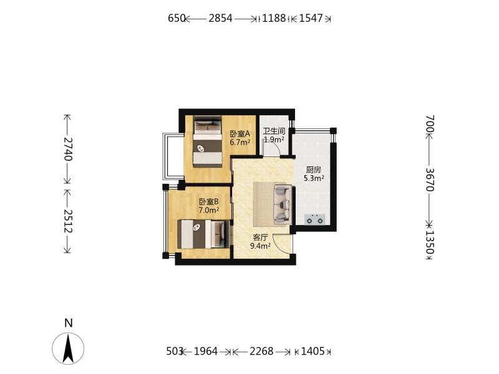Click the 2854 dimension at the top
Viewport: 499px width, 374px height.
(x=220, y=18)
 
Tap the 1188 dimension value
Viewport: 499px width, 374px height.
(x=274, y=18)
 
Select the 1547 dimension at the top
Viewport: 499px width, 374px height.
(x=311, y=18)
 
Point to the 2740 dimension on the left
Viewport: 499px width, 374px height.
(x=68, y=149)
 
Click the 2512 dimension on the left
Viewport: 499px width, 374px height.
(x=68, y=221)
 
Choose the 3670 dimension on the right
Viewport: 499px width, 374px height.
(x=430, y=180)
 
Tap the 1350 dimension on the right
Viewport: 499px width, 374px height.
(x=430, y=242)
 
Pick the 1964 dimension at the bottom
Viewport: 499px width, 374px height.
(x=206, y=352)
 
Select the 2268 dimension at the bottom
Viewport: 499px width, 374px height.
(x=261, y=352)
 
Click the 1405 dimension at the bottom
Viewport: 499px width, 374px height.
(x=312, y=352)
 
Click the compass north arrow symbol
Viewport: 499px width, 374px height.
(x=68, y=348)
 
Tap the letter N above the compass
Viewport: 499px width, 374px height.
(x=69, y=323)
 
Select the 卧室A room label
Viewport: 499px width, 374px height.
(x=240, y=134)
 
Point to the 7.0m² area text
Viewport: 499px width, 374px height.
(x=209, y=210)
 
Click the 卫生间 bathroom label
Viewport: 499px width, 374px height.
(x=274, y=131)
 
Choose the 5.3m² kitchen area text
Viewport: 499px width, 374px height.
(x=314, y=178)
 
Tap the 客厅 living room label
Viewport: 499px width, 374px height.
(x=260, y=237)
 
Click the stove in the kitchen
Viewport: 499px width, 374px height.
(x=314, y=219)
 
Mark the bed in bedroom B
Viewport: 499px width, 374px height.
(x=203, y=234)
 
